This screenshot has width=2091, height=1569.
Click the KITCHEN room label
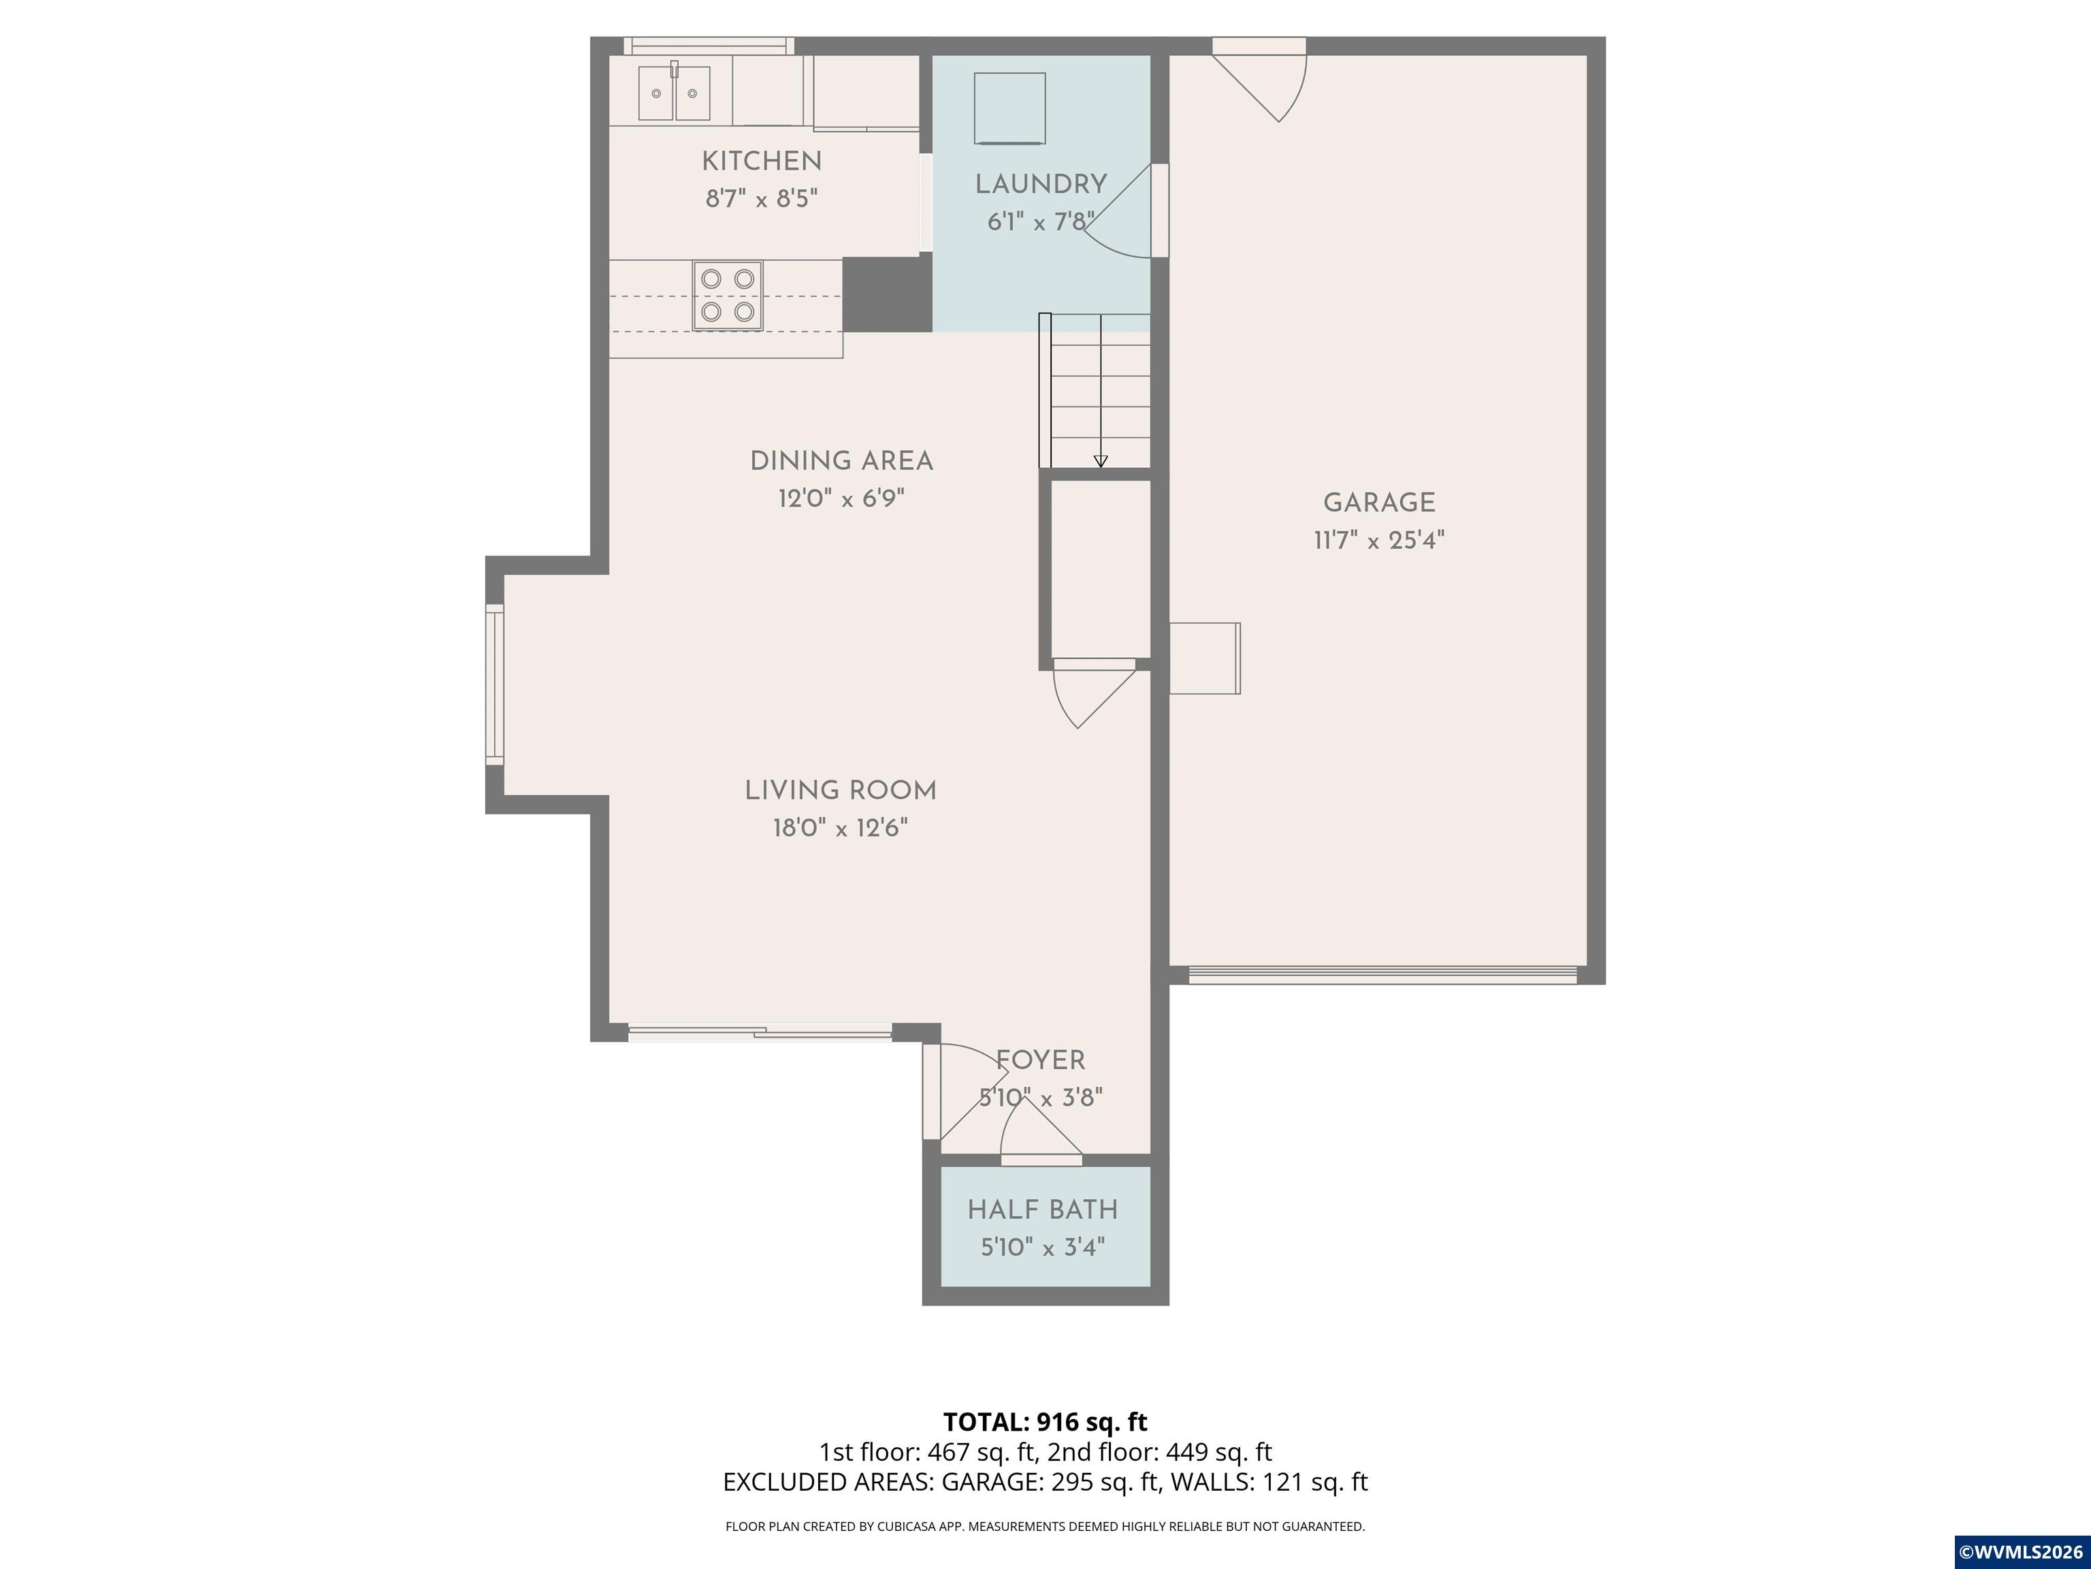pos(761,161)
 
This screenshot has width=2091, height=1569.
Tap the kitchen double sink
pos(674,93)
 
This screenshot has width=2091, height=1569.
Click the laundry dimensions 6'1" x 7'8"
pos(1040,222)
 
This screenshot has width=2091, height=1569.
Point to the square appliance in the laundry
pos(1009,107)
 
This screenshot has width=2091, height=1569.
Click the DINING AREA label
pos(841,462)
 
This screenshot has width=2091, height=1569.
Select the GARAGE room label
pos(1378,503)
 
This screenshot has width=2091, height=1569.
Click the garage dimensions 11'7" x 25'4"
pos(1378,541)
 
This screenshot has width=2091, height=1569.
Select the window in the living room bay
pos(494,684)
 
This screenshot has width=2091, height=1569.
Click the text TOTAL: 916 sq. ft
pos(1045,1421)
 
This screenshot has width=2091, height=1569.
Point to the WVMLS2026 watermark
pos(2021,1552)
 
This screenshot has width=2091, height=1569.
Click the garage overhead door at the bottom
pos(1381,975)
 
